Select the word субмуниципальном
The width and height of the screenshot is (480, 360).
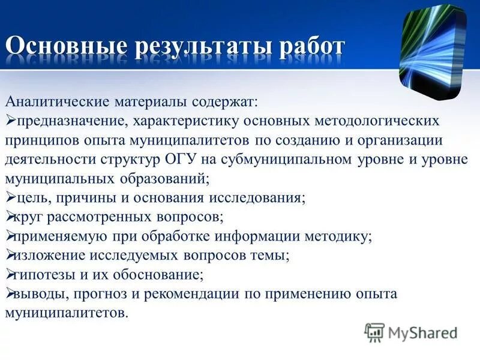tap(275, 160)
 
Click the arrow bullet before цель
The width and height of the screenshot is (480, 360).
tap(10, 197)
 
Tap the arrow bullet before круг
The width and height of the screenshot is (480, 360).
tap(10, 217)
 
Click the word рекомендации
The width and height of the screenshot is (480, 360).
tap(191, 294)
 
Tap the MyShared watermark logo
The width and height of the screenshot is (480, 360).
tap(412, 332)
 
